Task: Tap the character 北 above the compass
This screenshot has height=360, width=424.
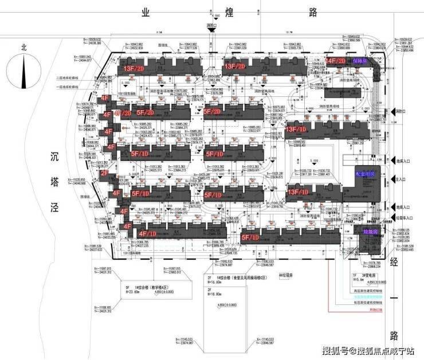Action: point(23,48)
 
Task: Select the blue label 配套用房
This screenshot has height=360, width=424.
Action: point(364,173)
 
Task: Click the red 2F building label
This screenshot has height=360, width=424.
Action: point(105,173)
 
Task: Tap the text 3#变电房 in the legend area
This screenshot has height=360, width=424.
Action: point(368,276)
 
